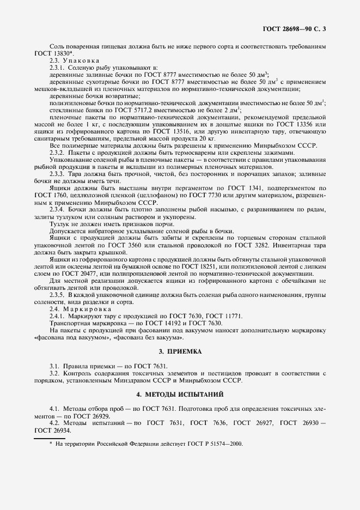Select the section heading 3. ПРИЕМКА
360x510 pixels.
pyautogui.click(x=180, y=351)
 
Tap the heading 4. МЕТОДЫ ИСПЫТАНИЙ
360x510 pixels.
pyautogui.click(x=180, y=394)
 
